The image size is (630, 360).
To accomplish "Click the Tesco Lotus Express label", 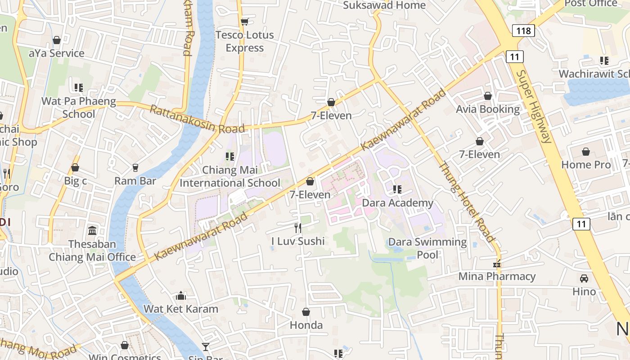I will coord(244,41).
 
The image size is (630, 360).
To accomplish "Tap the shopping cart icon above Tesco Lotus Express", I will coord(244,22).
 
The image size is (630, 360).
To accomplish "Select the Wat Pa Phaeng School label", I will coord(79,108).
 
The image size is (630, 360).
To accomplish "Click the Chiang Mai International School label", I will coord(230,176).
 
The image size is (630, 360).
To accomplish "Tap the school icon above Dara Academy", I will coord(397,189).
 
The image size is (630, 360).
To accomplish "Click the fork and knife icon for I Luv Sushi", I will coord(297,228).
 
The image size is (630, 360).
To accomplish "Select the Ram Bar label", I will coord(135,181).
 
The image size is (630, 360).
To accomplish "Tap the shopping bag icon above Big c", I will coord(75,168).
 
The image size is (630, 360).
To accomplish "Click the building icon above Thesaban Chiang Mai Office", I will coord(92,231).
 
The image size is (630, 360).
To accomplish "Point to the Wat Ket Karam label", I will coord(181,309).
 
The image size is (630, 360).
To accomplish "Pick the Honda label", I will coord(306,325).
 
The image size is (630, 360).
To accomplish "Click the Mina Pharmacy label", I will coord(497,276).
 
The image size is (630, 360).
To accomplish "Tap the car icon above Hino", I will coord(584,279).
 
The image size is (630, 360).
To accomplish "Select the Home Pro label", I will coord(586,165).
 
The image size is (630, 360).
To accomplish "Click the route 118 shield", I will coord(523,31).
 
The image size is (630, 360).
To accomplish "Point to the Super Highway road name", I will coord(534,106).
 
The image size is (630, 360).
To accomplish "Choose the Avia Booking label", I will coord(488,109).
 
